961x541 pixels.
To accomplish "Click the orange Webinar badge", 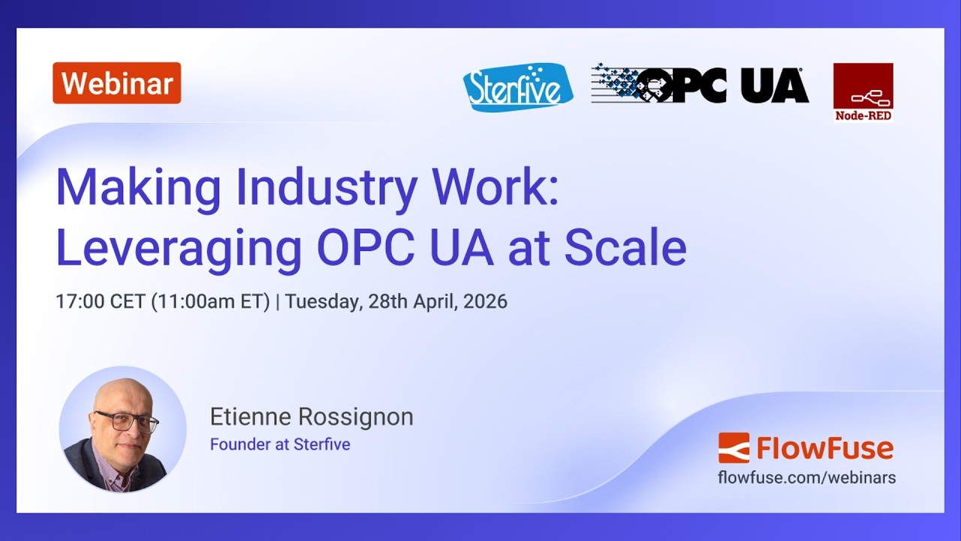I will tap(116, 83).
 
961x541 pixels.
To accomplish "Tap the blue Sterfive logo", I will tap(517, 87).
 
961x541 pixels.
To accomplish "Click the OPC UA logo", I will tap(700, 84).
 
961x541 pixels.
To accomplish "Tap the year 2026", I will tap(485, 302).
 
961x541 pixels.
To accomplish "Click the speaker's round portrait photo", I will tap(122, 429).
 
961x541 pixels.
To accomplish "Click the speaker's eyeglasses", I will tap(125, 422).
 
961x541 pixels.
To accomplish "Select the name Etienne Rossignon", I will tap(312, 417).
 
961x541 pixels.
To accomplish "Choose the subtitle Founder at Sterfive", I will tap(280, 444).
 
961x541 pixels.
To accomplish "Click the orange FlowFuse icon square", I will tap(734, 448).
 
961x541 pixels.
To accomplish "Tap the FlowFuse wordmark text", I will tap(824, 449).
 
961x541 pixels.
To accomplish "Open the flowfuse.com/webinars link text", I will tap(806, 477).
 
